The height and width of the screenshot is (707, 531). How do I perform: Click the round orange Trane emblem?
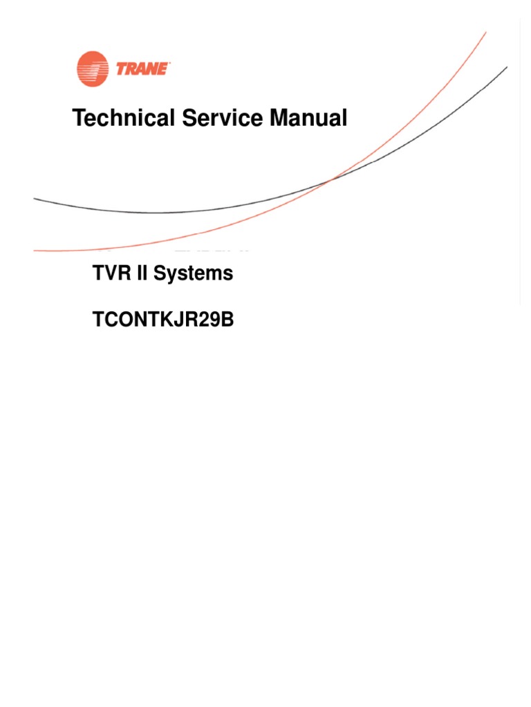[x=93, y=69]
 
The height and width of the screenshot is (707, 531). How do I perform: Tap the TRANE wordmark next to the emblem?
[x=142, y=68]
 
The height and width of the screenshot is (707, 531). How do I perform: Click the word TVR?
[x=110, y=273]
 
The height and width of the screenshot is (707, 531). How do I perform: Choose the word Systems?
[x=193, y=274]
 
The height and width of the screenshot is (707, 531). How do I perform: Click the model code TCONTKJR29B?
[x=163, y=320]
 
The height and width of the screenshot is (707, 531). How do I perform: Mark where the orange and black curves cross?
[x=335, y=179]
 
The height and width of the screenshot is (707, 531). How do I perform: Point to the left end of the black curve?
[x=35, y=199]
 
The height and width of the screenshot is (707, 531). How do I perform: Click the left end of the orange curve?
[x=35, y=250]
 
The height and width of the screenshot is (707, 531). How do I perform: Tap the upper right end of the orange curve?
[x=485, y=32]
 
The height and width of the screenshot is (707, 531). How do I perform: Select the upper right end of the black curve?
[x=507, y=68]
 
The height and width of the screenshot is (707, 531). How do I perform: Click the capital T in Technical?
[x=78, y=118]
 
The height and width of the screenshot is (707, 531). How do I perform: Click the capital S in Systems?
[x=160, y=273]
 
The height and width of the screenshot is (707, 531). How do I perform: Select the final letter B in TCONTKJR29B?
[x=227, y=320]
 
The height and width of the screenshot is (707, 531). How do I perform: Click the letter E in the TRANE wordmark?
[x=164, y=68]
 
